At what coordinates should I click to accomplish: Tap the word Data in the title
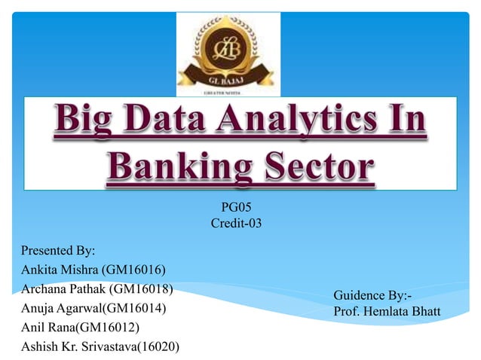pyautogui.click(x=173, y=125)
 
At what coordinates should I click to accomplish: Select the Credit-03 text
pyautogui.click(x=236, y=223)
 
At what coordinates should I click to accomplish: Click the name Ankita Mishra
pyautogui.click(x=55, y=270)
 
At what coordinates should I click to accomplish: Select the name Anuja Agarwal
pyautogui.click(x=57, y=308)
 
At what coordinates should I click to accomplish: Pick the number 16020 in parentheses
pyautogui.click(x=165, y=346)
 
